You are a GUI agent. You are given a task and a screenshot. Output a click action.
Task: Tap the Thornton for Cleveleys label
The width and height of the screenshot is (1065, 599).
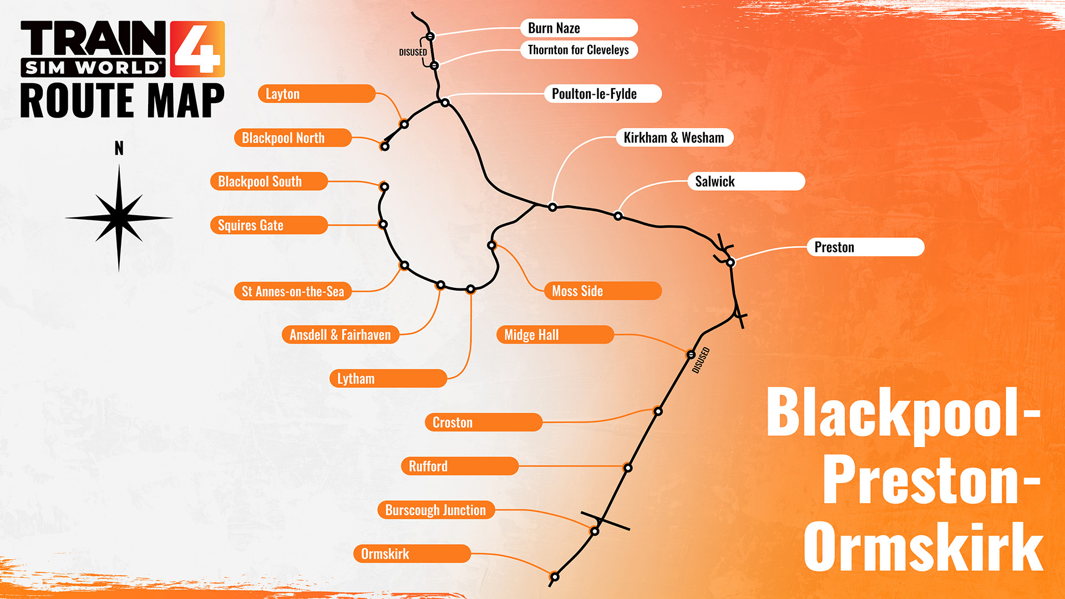[x=579, y=50]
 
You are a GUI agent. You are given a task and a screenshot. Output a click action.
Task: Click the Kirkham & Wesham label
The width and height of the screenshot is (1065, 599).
[x=674, y=138]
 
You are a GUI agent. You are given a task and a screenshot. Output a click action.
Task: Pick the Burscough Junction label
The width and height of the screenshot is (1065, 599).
[x=436, y=510]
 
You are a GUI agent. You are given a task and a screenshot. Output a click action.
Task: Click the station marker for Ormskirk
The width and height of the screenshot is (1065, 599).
[x=554, y=577]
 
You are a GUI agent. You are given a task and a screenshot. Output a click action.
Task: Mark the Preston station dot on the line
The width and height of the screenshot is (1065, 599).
[x=731, y=262]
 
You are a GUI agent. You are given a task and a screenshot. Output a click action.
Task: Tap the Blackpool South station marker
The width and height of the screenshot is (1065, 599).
[x=384, y=186]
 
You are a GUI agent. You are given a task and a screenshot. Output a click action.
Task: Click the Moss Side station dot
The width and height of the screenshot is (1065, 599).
[x=491, y=245]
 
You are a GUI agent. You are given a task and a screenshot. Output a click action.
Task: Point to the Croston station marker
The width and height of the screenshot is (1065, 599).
[x=658, y=412]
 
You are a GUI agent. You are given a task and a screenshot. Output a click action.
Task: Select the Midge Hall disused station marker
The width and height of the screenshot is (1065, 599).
[x=691, y=354]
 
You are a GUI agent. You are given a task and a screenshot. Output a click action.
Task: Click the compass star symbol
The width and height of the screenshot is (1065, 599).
[x=119, y=218]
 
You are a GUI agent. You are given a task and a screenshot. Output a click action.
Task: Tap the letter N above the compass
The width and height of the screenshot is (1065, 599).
[x=119, y=148]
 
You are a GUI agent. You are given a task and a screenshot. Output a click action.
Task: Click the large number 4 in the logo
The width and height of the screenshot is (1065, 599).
[x=197, y=49]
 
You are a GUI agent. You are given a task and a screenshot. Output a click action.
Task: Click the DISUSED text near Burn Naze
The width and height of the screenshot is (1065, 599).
[x=413, y=53]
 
